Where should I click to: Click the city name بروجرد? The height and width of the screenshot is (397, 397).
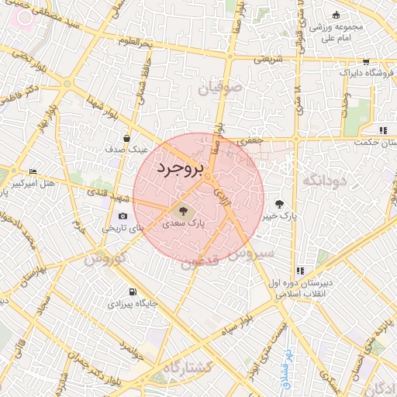click(178, 169)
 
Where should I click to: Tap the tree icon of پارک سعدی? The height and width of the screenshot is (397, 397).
click(183, 209)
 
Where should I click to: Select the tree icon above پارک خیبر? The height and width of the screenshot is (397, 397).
click(279, 204)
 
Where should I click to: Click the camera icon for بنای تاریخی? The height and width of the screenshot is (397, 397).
click(123, 216)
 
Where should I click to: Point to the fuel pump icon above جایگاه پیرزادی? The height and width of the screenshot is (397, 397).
click(134, 292)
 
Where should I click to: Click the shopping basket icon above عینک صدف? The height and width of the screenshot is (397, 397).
click(126, 139)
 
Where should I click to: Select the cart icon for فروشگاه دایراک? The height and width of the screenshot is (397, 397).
click(365, 61)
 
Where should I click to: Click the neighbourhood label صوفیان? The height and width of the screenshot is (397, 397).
click(220, 89)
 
